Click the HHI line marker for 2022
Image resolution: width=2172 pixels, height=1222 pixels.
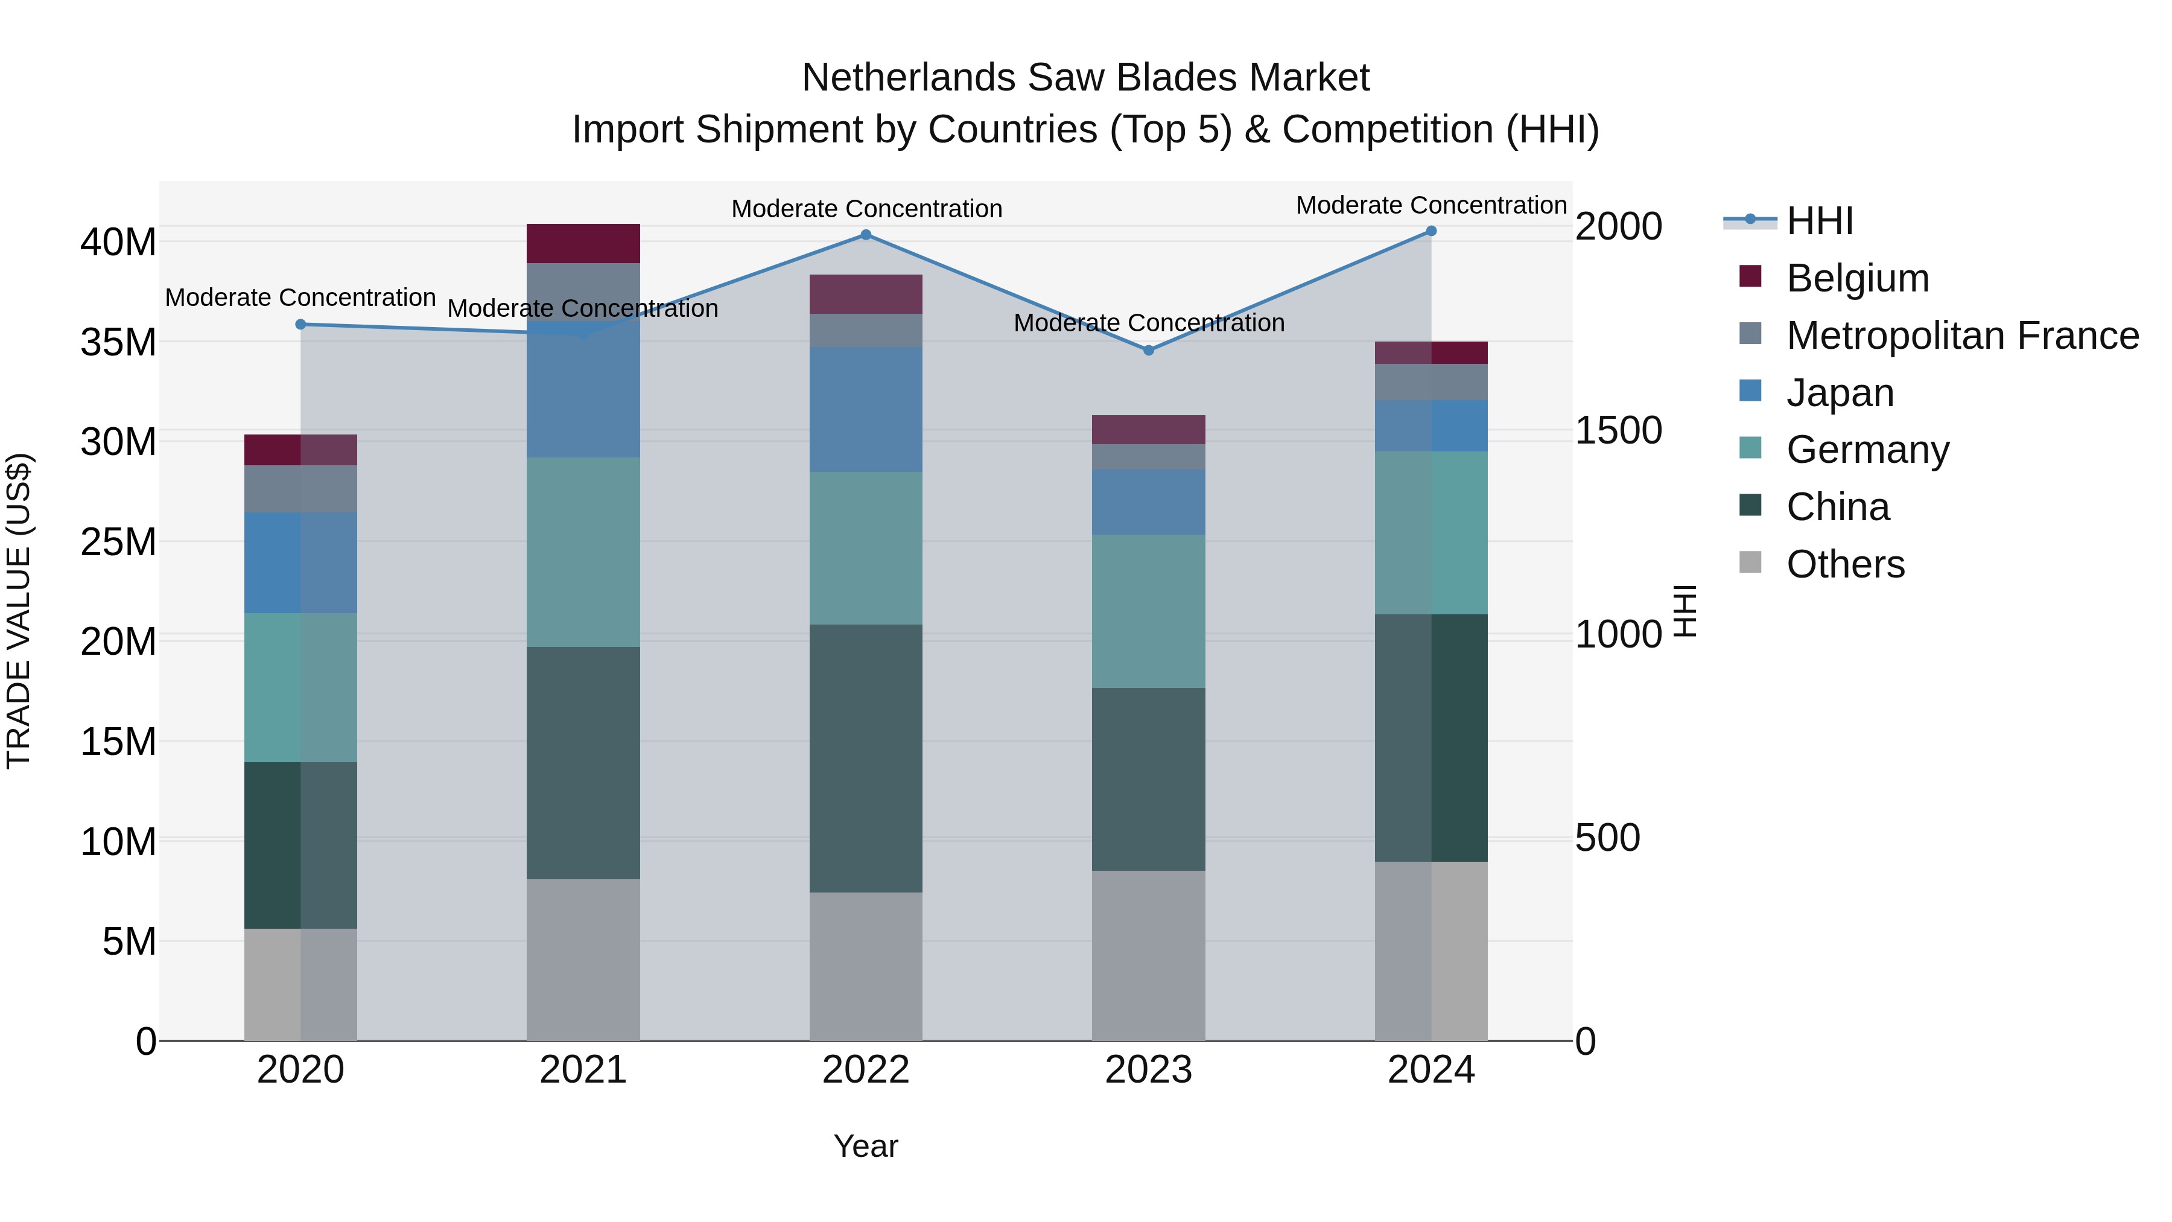point(865,235)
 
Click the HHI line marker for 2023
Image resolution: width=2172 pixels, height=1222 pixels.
point(1148,350)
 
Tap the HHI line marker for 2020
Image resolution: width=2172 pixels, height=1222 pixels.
point(300,325)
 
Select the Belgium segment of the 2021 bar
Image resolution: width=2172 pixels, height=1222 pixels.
point(583,244)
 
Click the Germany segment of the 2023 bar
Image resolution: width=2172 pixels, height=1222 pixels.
point(1148,611)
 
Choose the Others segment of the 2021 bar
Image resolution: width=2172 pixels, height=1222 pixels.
point(583,959)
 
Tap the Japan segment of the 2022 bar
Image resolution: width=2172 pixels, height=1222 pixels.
point(865,409)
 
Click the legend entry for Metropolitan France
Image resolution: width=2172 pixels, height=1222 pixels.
point(1962,336)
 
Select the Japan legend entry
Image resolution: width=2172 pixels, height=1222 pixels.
point(1840,393)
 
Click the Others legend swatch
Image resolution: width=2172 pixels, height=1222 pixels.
point(1750,562)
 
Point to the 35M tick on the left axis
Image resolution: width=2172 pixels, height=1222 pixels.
point(118,342)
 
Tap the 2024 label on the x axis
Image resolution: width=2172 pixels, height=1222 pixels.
point(1431,1070)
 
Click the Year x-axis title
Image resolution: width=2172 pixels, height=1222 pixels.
point(865,1146)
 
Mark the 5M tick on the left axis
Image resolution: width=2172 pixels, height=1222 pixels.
point(129,941)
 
